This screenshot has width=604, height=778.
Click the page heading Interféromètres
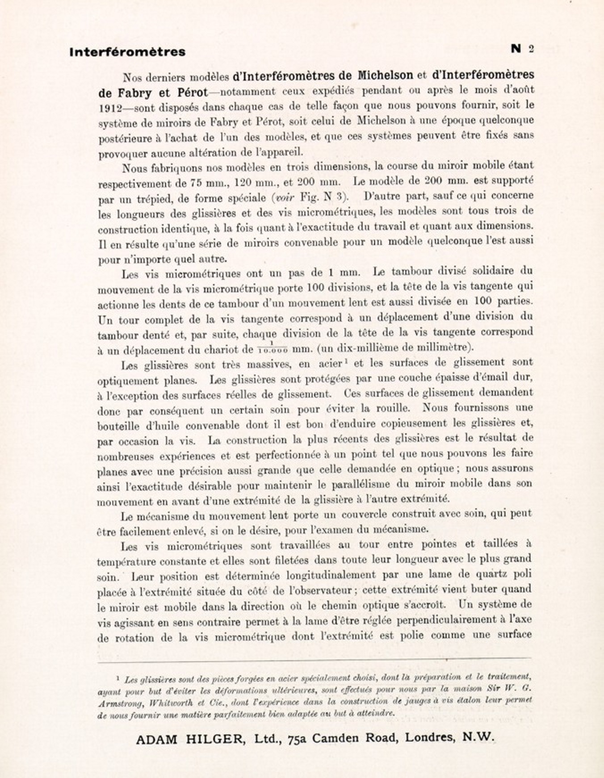tap(127, 52)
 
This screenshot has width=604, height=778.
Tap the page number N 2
tap(522, 49)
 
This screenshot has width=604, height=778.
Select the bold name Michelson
tap(385, 75)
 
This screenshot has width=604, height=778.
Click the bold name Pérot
tap(193, 92)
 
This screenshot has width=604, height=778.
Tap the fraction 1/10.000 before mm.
tap(273, 347)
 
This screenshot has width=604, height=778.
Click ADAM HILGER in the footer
tap(190, 739)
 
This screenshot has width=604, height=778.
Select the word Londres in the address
tap(430, 737)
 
